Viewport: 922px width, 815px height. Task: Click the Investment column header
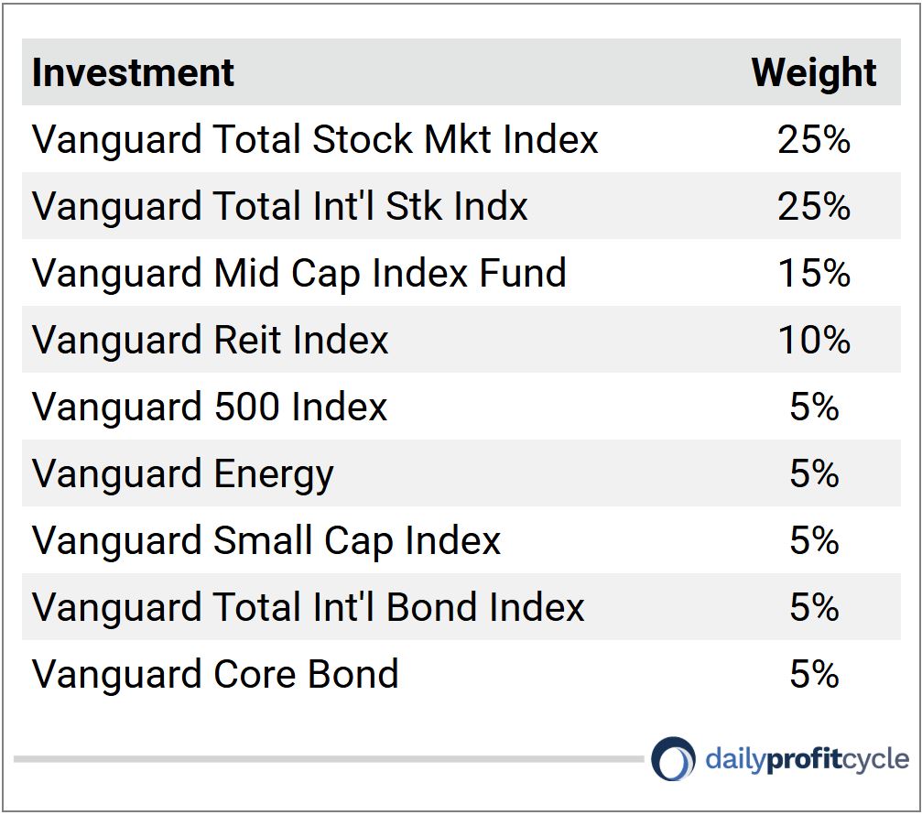tap(133, 72)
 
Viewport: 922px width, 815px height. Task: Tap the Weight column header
tap(814, 72)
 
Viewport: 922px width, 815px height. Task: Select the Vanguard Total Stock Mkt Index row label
tap(315, 139)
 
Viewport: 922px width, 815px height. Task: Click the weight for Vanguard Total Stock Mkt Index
tap(814, 139)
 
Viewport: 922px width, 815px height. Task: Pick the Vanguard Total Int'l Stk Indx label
tap(280, 206)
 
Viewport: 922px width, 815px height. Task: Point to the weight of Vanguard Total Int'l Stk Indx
tap(814, 206)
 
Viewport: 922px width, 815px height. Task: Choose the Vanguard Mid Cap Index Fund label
tap(299, 273)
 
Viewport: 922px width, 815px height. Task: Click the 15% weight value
tap(814, 273)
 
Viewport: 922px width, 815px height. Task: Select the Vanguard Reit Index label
tap(211, 340)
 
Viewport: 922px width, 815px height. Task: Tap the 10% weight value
tap(814, 340)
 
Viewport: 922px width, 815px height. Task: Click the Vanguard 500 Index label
tap(210, 407)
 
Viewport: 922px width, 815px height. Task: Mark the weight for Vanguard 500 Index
tap(814, 407)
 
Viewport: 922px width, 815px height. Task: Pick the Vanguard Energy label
tap(183, 474)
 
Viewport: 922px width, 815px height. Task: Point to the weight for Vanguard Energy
tap(814, 473)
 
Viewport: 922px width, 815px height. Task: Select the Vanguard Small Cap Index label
tap(266, 540)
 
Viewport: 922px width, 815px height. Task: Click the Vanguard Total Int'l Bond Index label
tap(309, 607)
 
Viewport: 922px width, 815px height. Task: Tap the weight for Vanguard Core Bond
tap(814, 674)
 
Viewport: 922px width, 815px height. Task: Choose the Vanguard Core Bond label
tap(215, 674)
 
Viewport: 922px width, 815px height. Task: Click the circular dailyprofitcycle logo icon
tap(674, 759)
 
